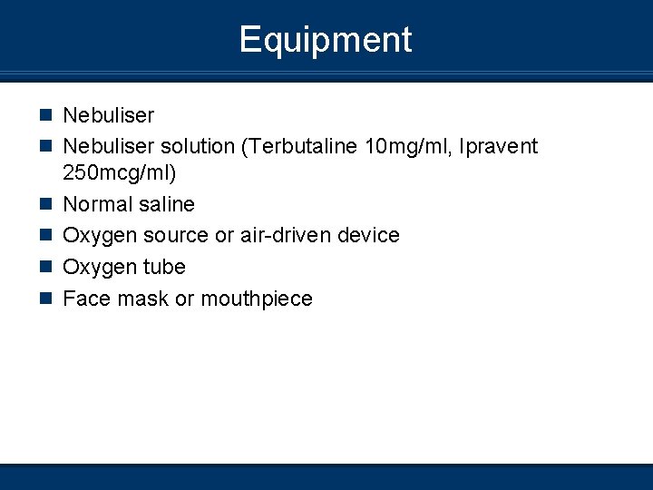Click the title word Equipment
(326, 40)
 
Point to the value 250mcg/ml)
(119, 172)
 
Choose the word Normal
(97, 204)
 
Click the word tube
(163, 268)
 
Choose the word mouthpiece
(257, 299)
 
